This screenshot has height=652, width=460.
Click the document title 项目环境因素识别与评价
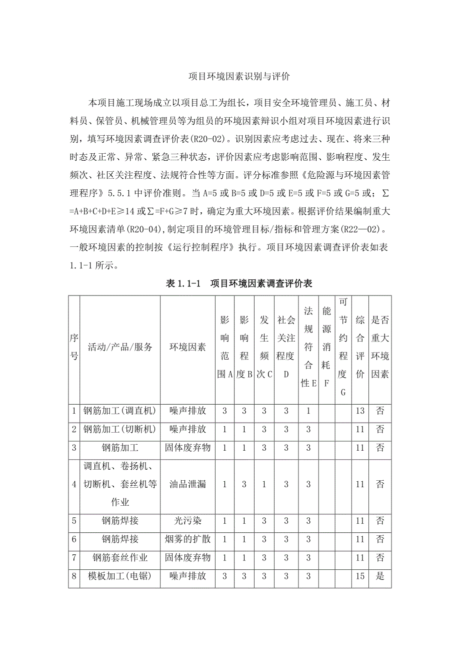239,77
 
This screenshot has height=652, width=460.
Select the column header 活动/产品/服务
120,347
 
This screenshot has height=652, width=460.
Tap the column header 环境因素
187,347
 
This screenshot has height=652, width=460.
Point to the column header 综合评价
360,347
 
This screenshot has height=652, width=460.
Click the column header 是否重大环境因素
380,347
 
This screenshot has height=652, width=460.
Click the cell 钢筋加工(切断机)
120,429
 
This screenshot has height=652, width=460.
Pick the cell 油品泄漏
187,484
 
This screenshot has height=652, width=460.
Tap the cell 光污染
187,521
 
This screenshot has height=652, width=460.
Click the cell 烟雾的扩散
187,539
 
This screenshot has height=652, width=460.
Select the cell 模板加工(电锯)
120,576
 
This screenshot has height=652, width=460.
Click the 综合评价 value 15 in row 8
360,576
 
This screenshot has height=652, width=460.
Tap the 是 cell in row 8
380,576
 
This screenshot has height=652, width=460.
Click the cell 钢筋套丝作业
120,557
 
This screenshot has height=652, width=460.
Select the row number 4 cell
74,484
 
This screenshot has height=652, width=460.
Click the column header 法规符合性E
308,347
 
